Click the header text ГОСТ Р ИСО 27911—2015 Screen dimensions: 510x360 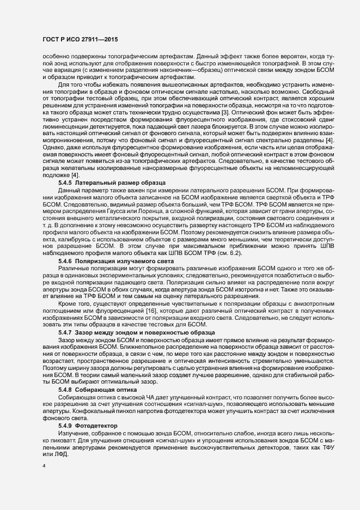point(80,40)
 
